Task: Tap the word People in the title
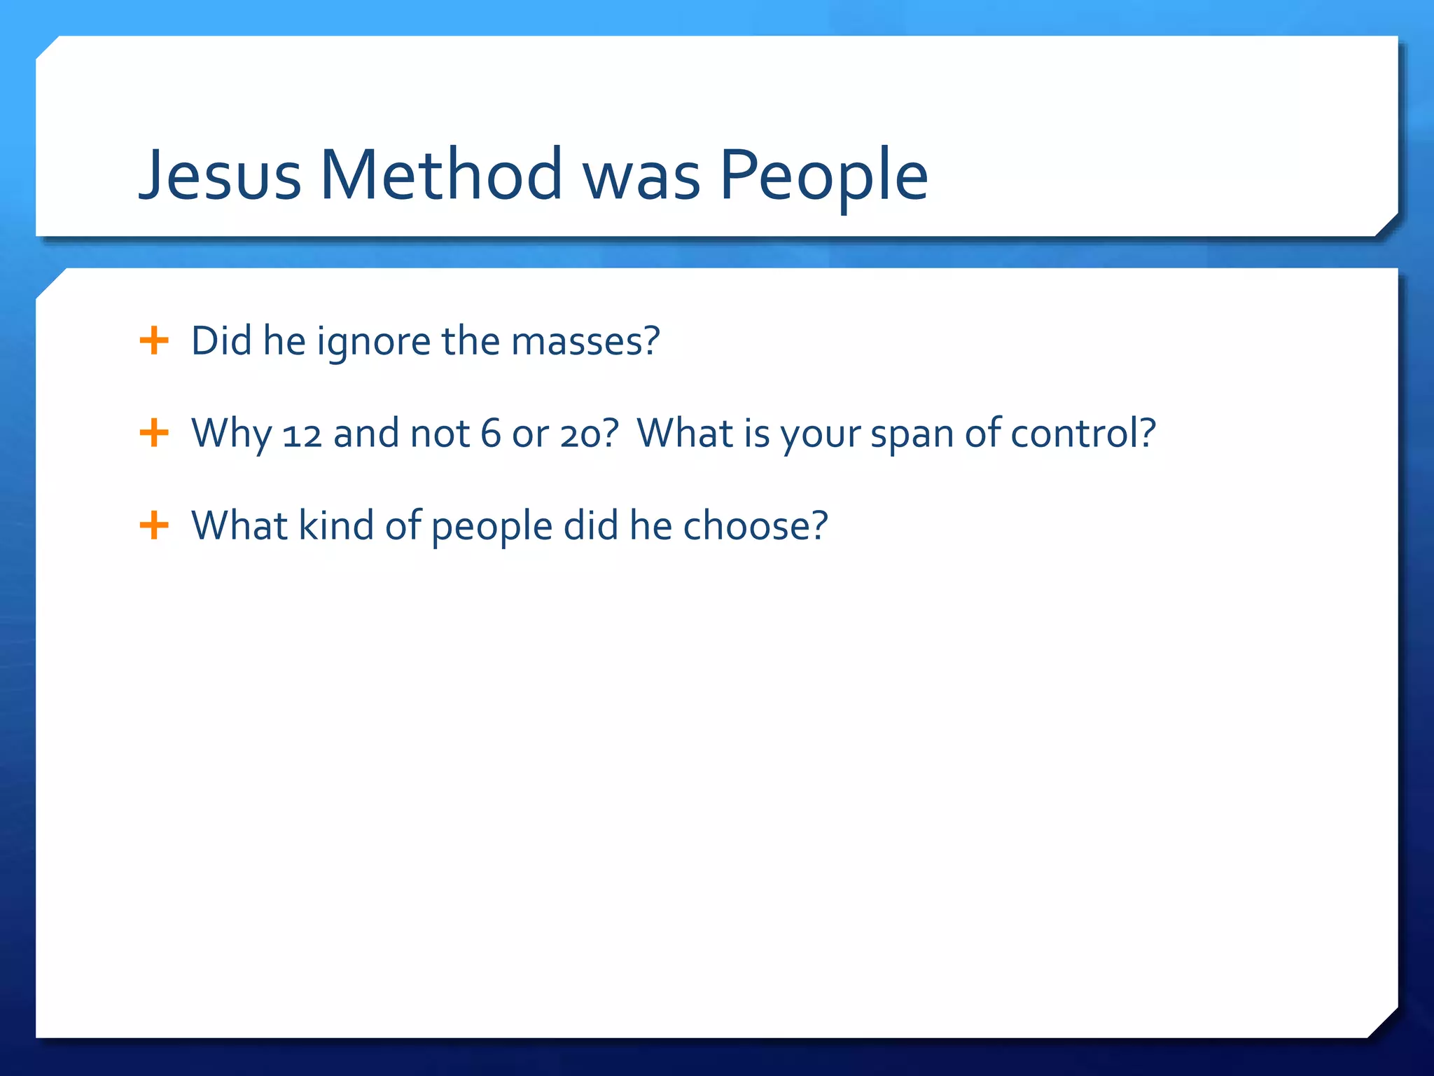click(823, 175)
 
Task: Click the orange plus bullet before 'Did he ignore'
click(154, 341)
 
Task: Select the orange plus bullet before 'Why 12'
click(154, 433)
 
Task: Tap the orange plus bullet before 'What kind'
click(154, 525)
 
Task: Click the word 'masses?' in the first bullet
click(585, 342)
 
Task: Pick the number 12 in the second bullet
click(302, 434)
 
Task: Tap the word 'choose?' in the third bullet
click(755, 525)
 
